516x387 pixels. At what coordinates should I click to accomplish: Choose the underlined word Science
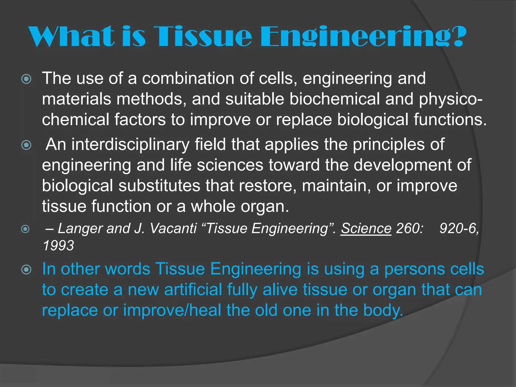click(x=366, y=229)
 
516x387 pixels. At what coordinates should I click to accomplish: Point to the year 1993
click(x=58, y=246)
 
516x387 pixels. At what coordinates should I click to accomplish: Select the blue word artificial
click(x=193, y=290)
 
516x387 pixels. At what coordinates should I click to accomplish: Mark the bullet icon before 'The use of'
click(x=26, y=79)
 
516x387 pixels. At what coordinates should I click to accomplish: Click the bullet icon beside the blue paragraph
click(x=26, y=270)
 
